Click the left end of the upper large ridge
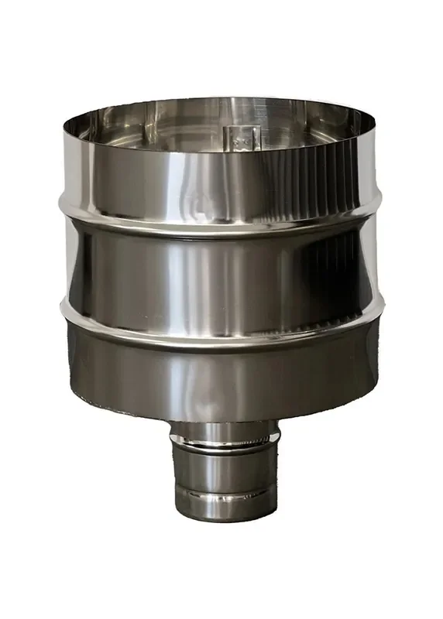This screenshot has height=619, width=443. click(x=63, y=203)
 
